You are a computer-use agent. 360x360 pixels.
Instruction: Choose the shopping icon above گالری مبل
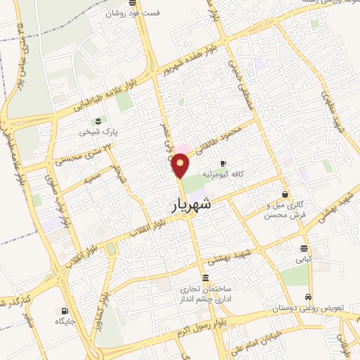285,194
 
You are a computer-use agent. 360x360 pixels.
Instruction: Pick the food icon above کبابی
303,248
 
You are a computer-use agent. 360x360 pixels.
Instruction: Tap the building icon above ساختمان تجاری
205,278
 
